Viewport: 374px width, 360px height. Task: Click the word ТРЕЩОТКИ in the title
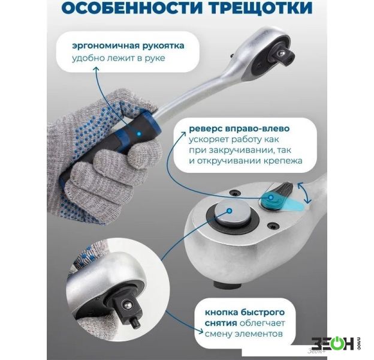261,8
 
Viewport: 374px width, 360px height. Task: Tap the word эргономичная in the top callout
105,46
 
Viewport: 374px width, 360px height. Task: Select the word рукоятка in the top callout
164,46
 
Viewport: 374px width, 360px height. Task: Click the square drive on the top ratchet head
283,55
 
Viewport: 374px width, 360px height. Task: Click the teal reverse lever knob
271,198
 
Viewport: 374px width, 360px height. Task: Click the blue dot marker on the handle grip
138,134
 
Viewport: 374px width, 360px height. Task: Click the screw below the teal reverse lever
273,226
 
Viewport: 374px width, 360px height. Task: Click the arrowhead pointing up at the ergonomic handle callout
96,69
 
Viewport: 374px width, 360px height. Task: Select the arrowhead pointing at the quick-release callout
201,332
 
